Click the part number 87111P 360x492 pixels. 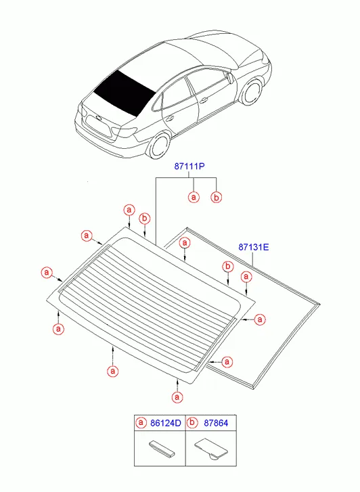click(189, 166)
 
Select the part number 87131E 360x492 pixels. click(254, 247)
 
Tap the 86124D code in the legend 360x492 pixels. click(165, 423)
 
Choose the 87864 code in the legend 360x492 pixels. click(216, 423)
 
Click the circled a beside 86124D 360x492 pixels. click(141, 423)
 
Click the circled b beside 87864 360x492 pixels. click(192, 423)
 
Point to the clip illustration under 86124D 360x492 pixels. click(161, 449)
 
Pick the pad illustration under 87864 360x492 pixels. click(211, 448)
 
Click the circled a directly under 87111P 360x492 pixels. click(194, 197)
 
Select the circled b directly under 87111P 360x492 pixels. click(216, 198)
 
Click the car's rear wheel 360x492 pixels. click(160, 146)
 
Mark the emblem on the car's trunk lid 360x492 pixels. click(99, 118)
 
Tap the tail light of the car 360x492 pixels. click(124, 131)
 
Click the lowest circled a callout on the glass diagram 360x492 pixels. click(177, 397)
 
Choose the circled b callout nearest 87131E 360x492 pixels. click(228, 267)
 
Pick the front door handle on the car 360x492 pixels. click(204, 101)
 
